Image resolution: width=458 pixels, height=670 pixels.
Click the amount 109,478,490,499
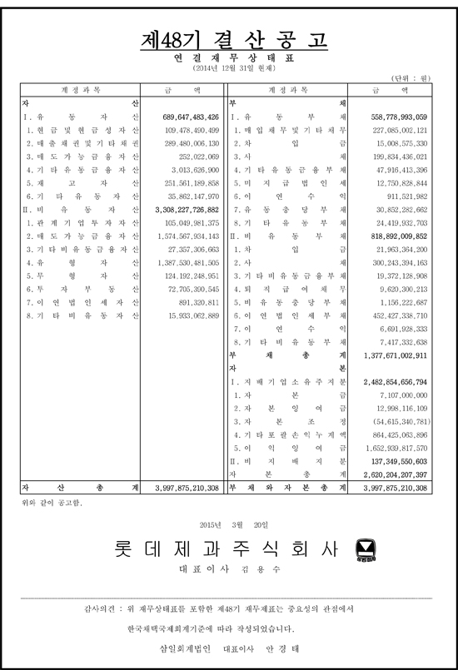(192, 130)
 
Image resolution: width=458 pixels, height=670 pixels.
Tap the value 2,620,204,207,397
(395, 474)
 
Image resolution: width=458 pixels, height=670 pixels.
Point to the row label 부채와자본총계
(287, 488)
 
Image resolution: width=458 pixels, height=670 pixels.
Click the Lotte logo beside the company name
(365, 549)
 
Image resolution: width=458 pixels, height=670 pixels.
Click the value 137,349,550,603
(396, 460)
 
